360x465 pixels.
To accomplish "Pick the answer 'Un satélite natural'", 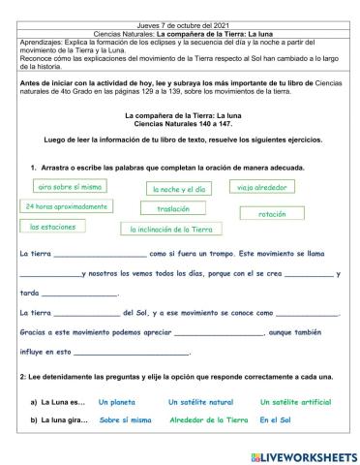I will pyautogui.click(x=200, y=402).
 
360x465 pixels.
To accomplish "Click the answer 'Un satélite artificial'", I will pyautogui.click(x=295, y=402).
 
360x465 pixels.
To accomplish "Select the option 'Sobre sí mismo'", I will pyautogui.click(x=125, y=420).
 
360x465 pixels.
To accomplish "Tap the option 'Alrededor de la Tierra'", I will pyautogui.click(x=207, y=420).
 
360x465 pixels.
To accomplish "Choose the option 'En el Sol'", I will pyautogui.click(x=276, y=420).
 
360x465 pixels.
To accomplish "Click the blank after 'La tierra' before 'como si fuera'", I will pyautogui.click(x=101, y=256).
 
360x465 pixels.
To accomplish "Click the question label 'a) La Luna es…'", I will pyautogui.click(x=59, y=402).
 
